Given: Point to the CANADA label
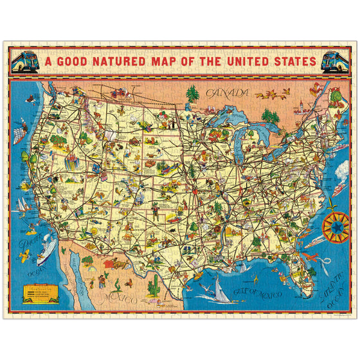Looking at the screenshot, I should click(x=227, y=94).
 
